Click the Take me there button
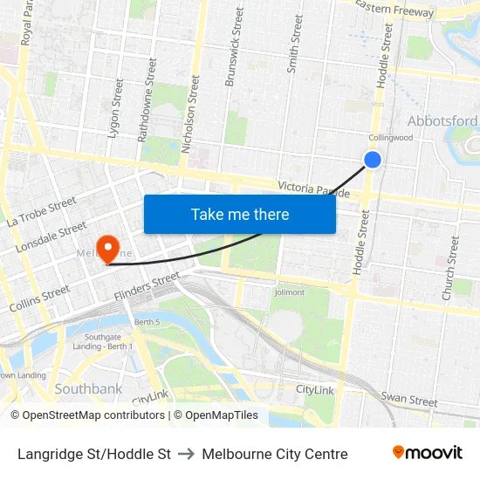point(240,214)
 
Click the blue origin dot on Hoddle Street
point(373,159)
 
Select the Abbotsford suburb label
point(442,121)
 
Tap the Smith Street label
point(296,44)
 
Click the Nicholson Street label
point(189,114)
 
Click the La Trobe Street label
point(42,212)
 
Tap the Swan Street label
point(409,400)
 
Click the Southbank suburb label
point(88,387)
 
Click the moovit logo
point(427,453)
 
